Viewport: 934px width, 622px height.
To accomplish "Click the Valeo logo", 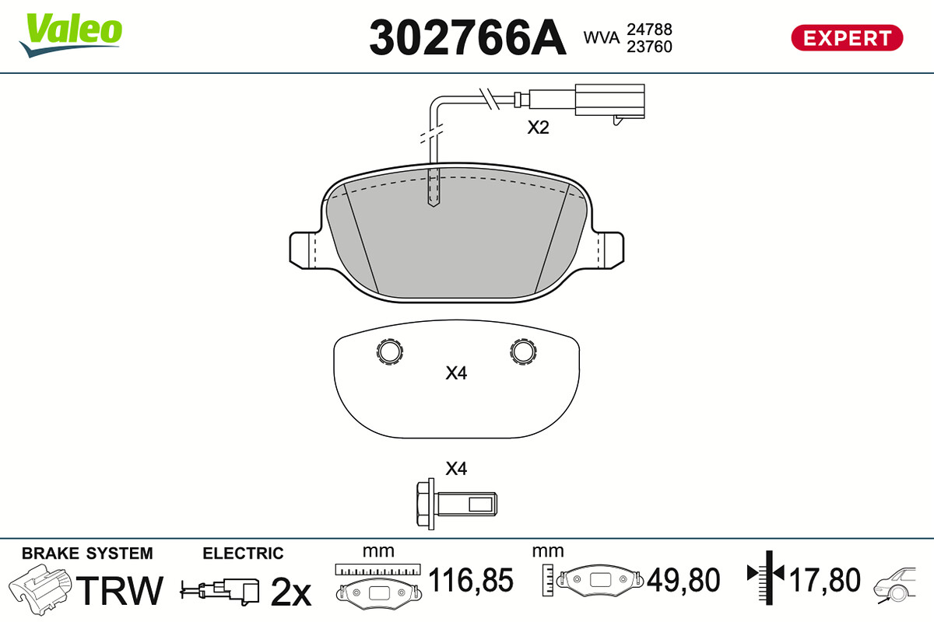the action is click(71, 35).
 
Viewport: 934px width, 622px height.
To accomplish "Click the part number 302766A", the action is click(468, 38).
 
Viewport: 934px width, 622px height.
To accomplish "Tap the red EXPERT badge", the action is click(847, 38).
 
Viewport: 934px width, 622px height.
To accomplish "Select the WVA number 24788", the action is click(649, 30).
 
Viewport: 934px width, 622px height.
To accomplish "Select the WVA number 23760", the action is click(649, 47).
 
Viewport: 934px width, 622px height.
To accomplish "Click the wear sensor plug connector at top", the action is click(609, 101).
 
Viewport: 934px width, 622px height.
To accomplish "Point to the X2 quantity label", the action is click(538, 128).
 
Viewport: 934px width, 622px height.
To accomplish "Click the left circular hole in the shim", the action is click(389, 351).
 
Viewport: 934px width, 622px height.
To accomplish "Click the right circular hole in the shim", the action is click(523, 351).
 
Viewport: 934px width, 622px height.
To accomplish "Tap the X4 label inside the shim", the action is click(456, 373).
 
